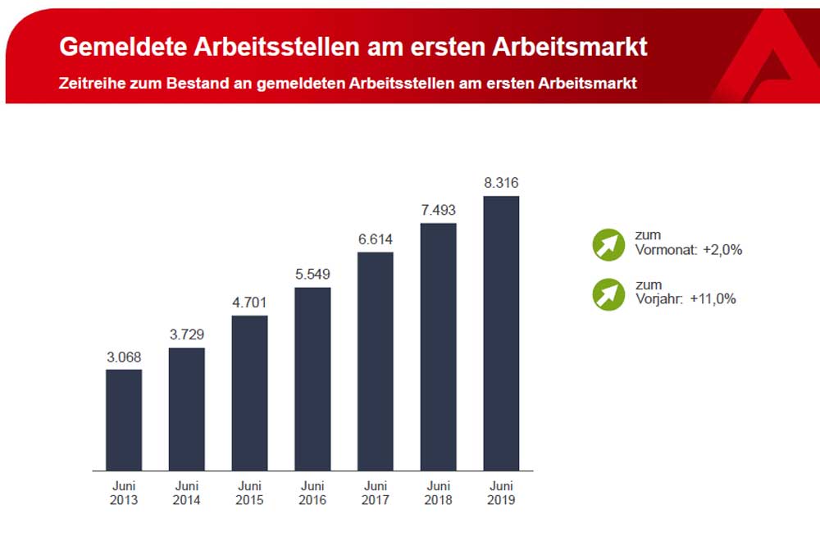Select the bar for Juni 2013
tap(124, 420)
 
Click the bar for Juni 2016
tap(312, 379)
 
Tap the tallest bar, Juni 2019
tap(501, 333)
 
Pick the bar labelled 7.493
tap(438, 347)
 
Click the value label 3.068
tap(124, 357)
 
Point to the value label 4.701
tap(249, 303)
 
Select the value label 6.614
tap(375, 239)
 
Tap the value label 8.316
tap(501, 183)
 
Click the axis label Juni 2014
tap(186, 493)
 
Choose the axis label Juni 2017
tap(375, 493)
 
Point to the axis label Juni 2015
tap(249, 493)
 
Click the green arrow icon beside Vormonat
tap(608, 243)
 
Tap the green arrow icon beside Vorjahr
tap(608, 293)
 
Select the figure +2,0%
tap(722, 250)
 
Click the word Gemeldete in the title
tap(121, 47)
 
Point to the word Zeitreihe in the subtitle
tap(91, 84)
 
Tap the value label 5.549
tap(312, 275)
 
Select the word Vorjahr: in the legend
tap(658, 299)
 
